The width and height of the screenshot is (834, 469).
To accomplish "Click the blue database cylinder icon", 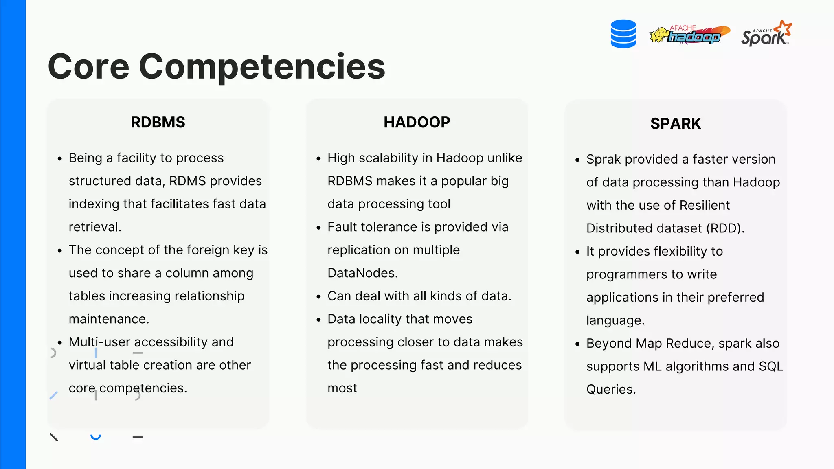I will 623,34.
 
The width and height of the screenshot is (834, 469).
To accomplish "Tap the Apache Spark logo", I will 766,34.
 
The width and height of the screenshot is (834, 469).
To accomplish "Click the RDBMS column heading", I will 158,122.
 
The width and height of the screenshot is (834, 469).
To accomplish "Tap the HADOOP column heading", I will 417,122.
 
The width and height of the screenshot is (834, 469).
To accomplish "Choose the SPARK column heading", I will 675,123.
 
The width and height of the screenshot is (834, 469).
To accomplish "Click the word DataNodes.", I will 362,273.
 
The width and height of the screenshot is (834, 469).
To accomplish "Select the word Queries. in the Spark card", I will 611,389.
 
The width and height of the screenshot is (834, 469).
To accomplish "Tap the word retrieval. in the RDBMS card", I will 95,227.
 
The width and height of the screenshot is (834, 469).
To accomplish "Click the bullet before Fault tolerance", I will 319,228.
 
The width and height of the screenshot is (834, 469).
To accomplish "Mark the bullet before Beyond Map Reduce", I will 577,344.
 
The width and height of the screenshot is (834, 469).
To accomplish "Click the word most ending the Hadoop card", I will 342,388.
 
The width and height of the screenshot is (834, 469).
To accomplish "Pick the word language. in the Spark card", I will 615,320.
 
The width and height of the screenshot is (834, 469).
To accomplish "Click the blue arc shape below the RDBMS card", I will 96,437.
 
